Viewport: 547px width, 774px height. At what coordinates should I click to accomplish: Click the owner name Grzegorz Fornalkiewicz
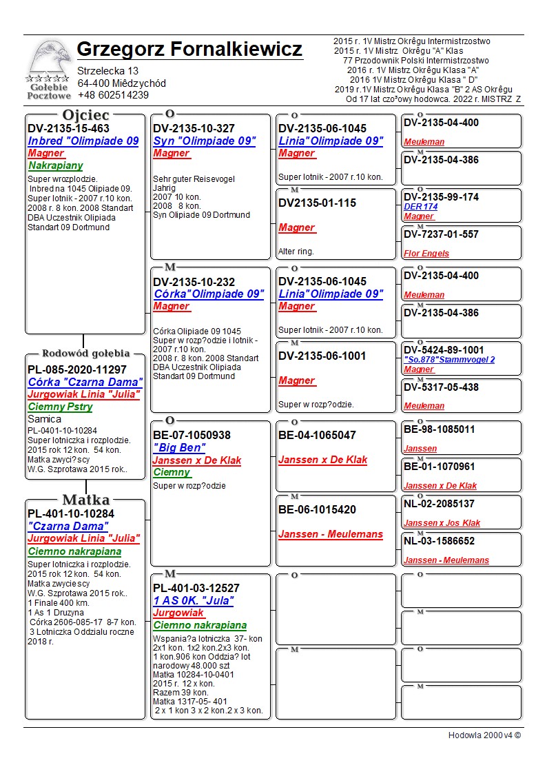coord(189,50)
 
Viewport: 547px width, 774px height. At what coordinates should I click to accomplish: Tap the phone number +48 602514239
coord(113,95)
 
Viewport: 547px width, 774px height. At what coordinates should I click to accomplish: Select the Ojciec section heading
coord(85,114)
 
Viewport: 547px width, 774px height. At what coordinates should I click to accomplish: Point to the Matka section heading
coord(85,500)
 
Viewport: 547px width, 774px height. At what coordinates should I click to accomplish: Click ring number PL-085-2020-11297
coord(77,369)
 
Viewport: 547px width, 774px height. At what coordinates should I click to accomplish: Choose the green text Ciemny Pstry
coord(61,407)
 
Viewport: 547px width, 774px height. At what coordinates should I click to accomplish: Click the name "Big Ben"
coord(179,448)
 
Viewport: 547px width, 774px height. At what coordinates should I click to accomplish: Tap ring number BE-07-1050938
coord(192,436)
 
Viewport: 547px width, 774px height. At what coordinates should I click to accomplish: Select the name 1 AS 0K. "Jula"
coord(194,601)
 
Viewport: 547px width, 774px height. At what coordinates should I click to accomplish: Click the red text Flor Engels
coord(426,254)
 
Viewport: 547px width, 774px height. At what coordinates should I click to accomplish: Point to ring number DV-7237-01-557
coord(441,234)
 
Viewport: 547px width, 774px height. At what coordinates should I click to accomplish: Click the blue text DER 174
coord(420,207)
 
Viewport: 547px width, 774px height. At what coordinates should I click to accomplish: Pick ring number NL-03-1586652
coord(439,541)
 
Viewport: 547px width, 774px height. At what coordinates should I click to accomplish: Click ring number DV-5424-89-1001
coord(444,350)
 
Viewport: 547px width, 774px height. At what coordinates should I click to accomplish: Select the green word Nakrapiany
coord(55,165)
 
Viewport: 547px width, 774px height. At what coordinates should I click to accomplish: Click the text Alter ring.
coord(296,252)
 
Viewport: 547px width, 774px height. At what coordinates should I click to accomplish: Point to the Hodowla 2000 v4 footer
coord(484,735)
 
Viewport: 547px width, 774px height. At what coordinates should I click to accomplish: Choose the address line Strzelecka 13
coord(107,71)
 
